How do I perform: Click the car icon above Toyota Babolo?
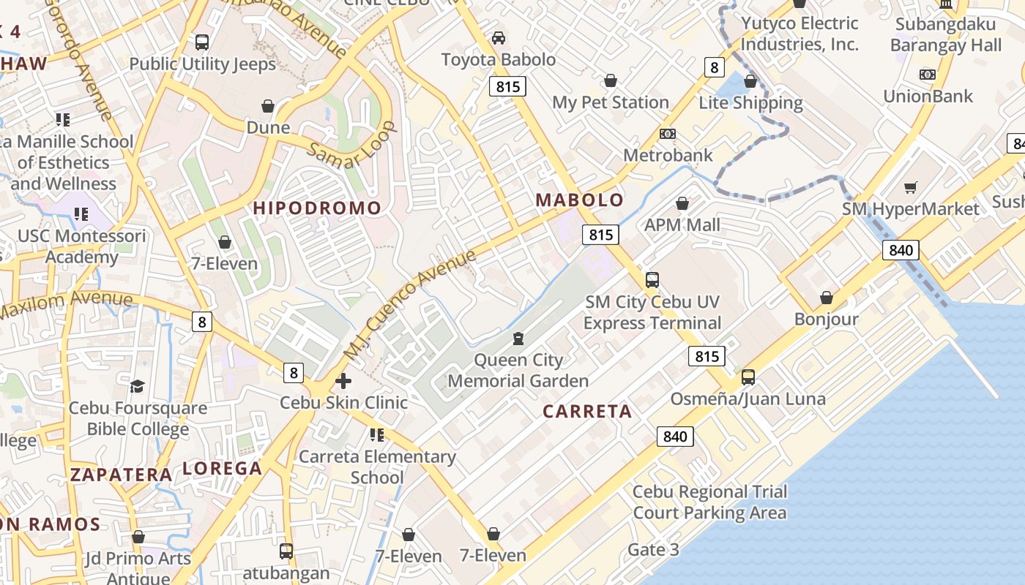point(499,37)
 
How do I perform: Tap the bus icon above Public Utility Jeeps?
point(202,42)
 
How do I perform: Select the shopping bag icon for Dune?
point(268,106)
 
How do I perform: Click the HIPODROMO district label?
point(317,208)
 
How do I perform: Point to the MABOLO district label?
point(580,200)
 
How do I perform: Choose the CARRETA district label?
point(587,412)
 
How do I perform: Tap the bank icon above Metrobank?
point(667,134)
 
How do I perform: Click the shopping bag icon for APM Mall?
point(682,203)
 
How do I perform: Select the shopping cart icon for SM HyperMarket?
point(910,188)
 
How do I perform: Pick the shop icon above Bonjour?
point(827,298)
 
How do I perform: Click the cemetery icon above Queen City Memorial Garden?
point(518,338)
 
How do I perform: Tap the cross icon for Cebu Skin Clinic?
point(343,381)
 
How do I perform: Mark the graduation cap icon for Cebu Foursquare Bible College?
point(137,386)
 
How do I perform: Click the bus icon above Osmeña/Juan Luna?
point(748,377)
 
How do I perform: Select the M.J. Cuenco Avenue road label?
point(410,305)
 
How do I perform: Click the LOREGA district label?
point(222,469)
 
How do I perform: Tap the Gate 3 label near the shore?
point(653,550)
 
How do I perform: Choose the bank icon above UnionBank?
point(928,75)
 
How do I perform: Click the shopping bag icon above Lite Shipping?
point(750,81)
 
